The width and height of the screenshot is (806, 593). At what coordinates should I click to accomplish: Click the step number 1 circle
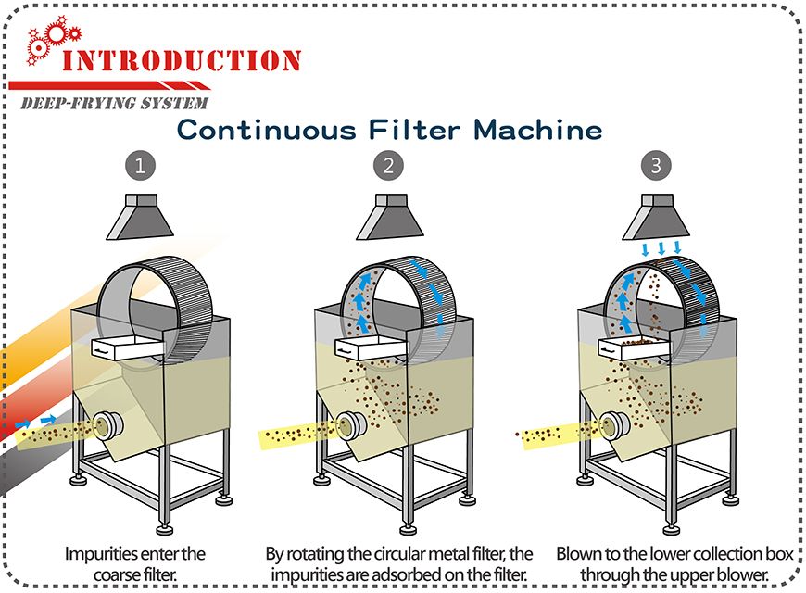click(140, 167)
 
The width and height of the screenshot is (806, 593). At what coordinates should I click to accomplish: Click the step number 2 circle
click(388, 167)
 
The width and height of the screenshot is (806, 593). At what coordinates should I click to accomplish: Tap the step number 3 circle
click(656, 167)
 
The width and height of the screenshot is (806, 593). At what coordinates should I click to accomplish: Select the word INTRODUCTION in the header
click(182, 61)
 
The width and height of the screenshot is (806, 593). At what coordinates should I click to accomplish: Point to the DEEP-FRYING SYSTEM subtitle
click(114, 102)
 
